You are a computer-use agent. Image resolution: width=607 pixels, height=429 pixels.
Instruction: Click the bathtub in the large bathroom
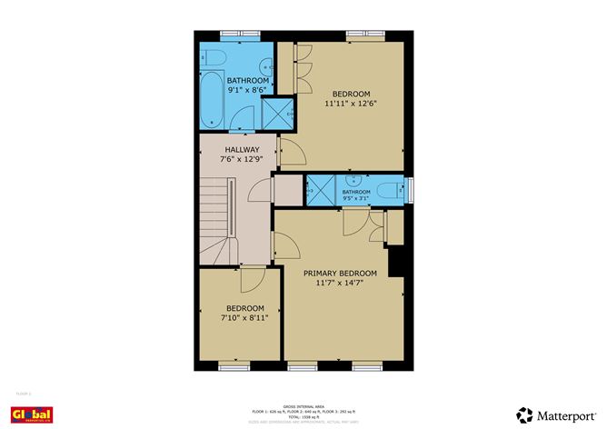(212, 100)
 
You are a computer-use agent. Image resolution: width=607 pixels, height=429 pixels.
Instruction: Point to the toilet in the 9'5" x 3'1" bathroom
(390, 191)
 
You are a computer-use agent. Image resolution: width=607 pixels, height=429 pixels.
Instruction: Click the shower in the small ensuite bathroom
(319, 191)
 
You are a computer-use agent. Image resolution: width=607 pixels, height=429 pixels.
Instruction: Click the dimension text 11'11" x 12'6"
(351, 104)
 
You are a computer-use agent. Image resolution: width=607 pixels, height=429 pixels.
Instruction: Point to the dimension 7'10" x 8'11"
(244, 318)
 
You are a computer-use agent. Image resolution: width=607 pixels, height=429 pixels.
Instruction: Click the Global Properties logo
(32, 414)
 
